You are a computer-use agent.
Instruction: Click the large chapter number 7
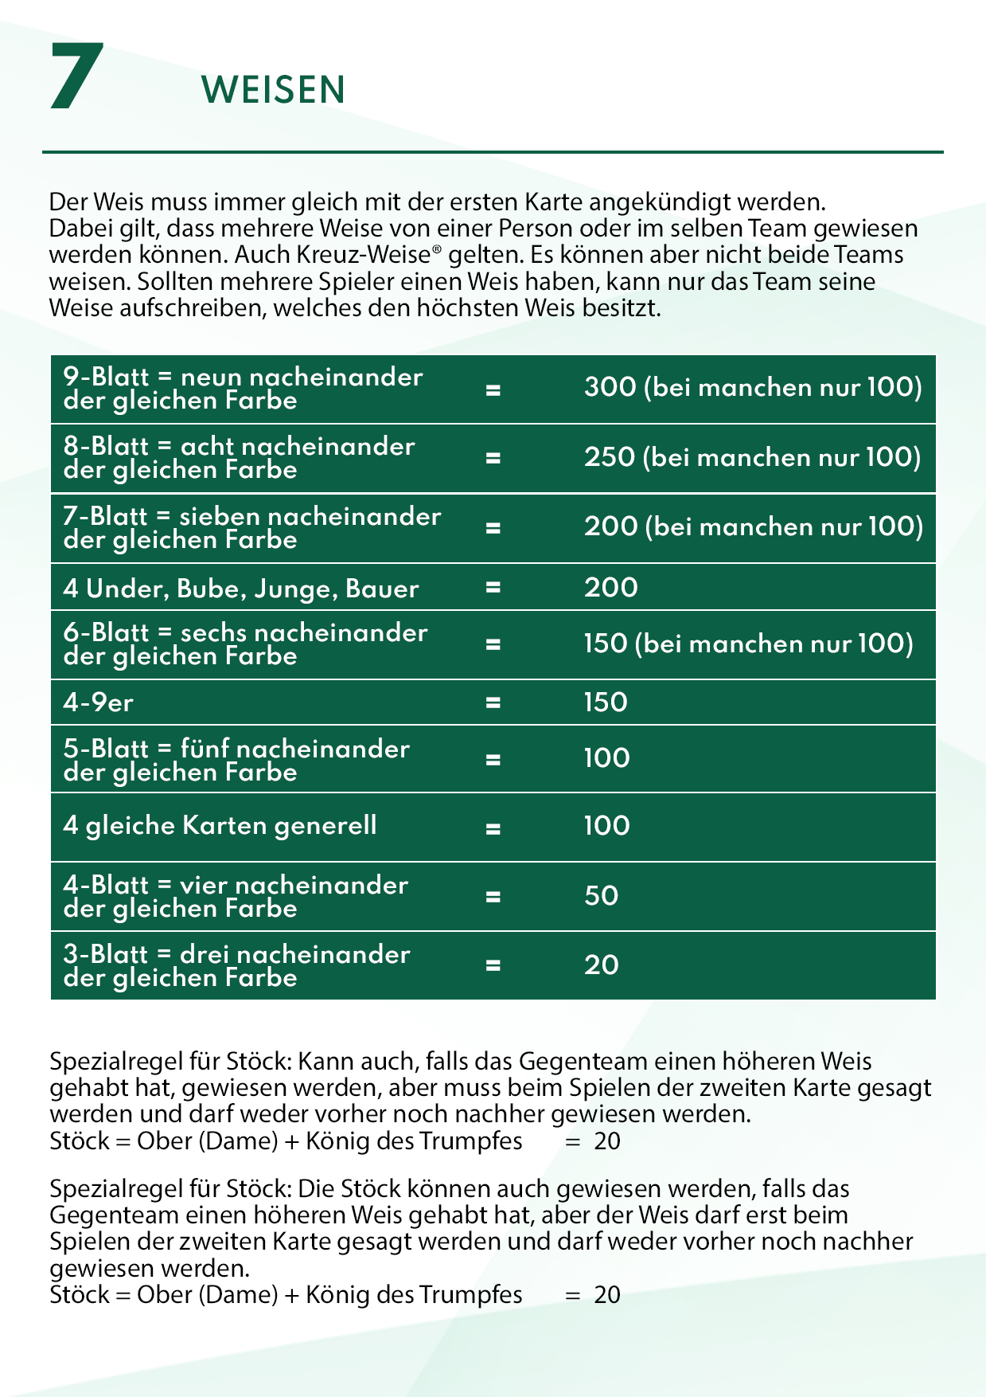(x=76, y=77)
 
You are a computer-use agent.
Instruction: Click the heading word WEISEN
(x=273, y=90)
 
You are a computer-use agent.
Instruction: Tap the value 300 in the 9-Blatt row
(x=610, y=388)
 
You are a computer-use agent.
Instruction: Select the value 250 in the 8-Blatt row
(x=610, y=457)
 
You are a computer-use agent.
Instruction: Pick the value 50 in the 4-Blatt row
(x=601, y=896)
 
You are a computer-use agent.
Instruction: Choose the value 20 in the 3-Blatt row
(x=601, y=965)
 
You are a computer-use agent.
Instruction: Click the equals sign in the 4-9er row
(x=493, y=703)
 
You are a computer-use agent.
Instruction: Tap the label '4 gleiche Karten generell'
(x=220, y=826)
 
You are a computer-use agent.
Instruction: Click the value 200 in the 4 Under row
(x=610, y=588)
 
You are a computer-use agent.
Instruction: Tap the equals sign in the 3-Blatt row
(x=493, y=965)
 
